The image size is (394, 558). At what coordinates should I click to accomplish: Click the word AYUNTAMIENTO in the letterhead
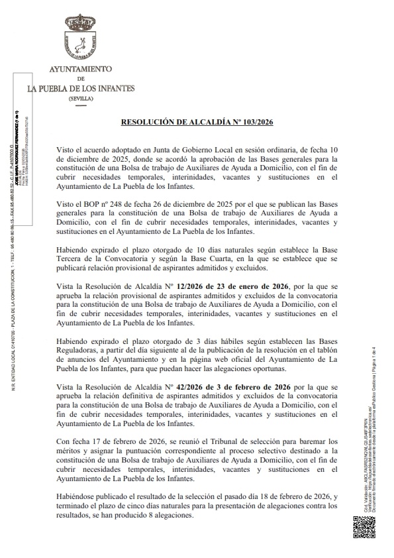pos(81,69)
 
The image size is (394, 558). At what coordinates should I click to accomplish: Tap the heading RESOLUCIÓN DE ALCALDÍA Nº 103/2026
pos(197,123)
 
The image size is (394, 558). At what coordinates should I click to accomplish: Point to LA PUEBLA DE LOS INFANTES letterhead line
pos(81,87)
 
